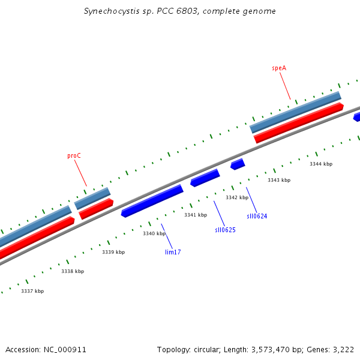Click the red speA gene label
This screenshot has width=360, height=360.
(x=279, y=68)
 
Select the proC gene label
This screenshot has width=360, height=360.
(x=74, y=155)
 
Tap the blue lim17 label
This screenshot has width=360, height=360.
(x=173, y=252)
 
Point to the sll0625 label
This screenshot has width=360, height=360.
(x=225, y=230)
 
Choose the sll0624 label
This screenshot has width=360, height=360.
(x=257, y=216)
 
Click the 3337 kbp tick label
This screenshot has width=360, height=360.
(x=32, y=291)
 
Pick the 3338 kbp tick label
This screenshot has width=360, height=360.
(x=73, y=271)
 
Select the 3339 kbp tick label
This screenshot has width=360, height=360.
(x=113, y=252)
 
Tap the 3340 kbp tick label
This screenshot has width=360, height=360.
(x=154, y=233)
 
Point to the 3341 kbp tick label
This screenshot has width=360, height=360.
(x=196, y=215)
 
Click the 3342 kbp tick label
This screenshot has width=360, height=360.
(x=237, y=197)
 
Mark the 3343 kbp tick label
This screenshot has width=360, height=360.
(x=279, y=180)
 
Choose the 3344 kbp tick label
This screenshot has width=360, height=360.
(x=321, y=164)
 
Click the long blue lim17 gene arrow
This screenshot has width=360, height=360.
(x=152, y=200)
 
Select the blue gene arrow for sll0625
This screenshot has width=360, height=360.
(x=205, y=178)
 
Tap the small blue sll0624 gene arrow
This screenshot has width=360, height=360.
(x=238, y=164)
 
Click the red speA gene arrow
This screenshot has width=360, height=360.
(x=298, y=123)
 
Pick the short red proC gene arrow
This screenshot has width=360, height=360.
(x=96, y=208)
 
